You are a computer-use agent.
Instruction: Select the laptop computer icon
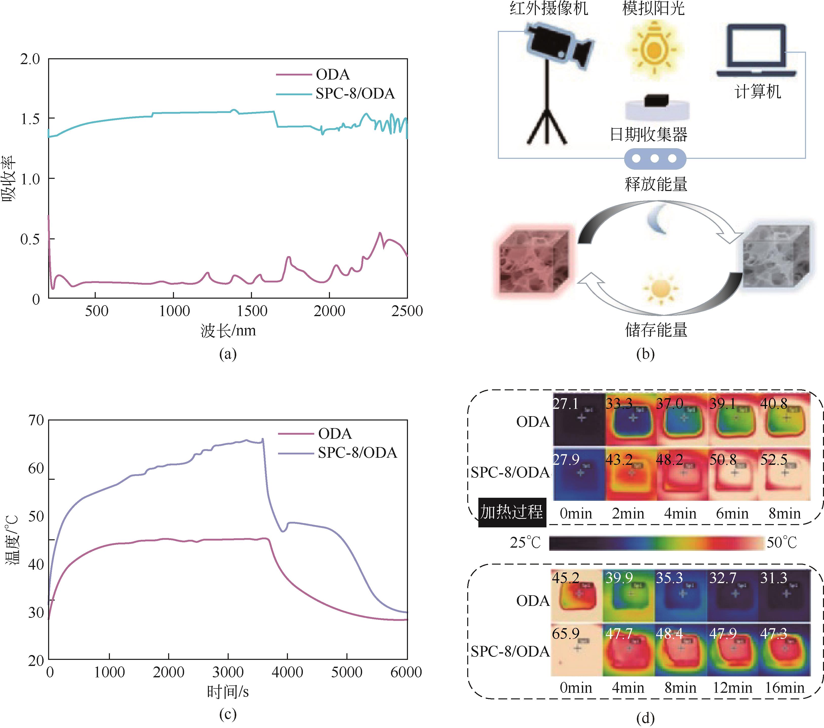click(x=756, y=52)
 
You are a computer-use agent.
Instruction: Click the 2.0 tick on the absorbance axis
click(x=30, y=59)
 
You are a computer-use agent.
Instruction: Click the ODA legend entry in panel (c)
click(x=335, y=434)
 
